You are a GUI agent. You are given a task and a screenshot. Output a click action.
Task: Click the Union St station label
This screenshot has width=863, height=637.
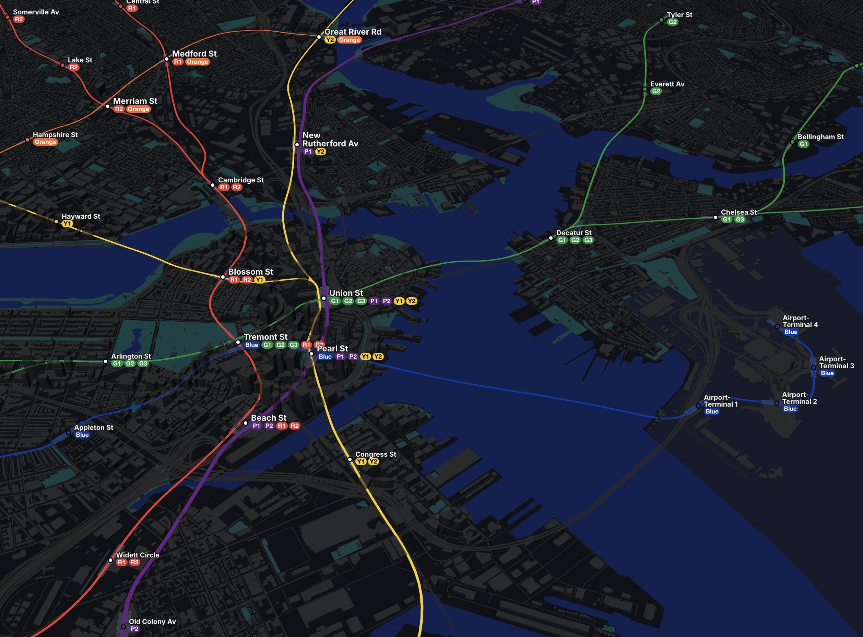[346, 293]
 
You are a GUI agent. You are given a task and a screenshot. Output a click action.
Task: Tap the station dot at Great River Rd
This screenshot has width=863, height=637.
[319, 37]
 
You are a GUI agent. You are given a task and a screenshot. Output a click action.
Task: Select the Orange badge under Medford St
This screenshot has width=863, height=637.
[197, 62]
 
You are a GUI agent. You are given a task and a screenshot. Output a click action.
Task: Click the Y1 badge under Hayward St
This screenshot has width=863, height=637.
[67, 224]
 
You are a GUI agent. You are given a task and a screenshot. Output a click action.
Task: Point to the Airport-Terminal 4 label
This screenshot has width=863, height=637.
[800, 321]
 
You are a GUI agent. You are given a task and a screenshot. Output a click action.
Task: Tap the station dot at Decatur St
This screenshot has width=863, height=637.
[551, 238]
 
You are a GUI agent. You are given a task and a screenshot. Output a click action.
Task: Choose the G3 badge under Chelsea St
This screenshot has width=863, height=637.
[740, 220]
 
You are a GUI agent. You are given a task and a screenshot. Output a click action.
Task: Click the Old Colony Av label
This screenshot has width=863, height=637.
[152, 622]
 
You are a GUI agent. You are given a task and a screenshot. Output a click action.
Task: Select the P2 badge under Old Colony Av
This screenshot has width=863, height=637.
[134, 629]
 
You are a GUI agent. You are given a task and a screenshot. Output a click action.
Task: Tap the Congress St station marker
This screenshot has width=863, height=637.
[350, 459]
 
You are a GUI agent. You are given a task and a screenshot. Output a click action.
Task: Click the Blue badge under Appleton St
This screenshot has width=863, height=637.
[82, 435]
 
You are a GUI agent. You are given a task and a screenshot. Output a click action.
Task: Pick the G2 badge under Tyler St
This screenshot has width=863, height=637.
[672, 22]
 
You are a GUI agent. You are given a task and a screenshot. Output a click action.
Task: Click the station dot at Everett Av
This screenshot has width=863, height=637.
[645, 89]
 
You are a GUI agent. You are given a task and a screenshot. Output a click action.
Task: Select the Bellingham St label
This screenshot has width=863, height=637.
[820, 137]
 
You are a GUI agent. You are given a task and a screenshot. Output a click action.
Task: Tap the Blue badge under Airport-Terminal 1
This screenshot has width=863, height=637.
[712, 411]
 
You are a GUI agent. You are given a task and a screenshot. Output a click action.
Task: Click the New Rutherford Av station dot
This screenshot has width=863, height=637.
[297, 145]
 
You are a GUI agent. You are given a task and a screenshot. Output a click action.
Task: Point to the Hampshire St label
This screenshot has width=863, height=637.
[55, 135]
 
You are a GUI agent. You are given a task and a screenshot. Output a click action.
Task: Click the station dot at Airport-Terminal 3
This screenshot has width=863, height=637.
[813, 368]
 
